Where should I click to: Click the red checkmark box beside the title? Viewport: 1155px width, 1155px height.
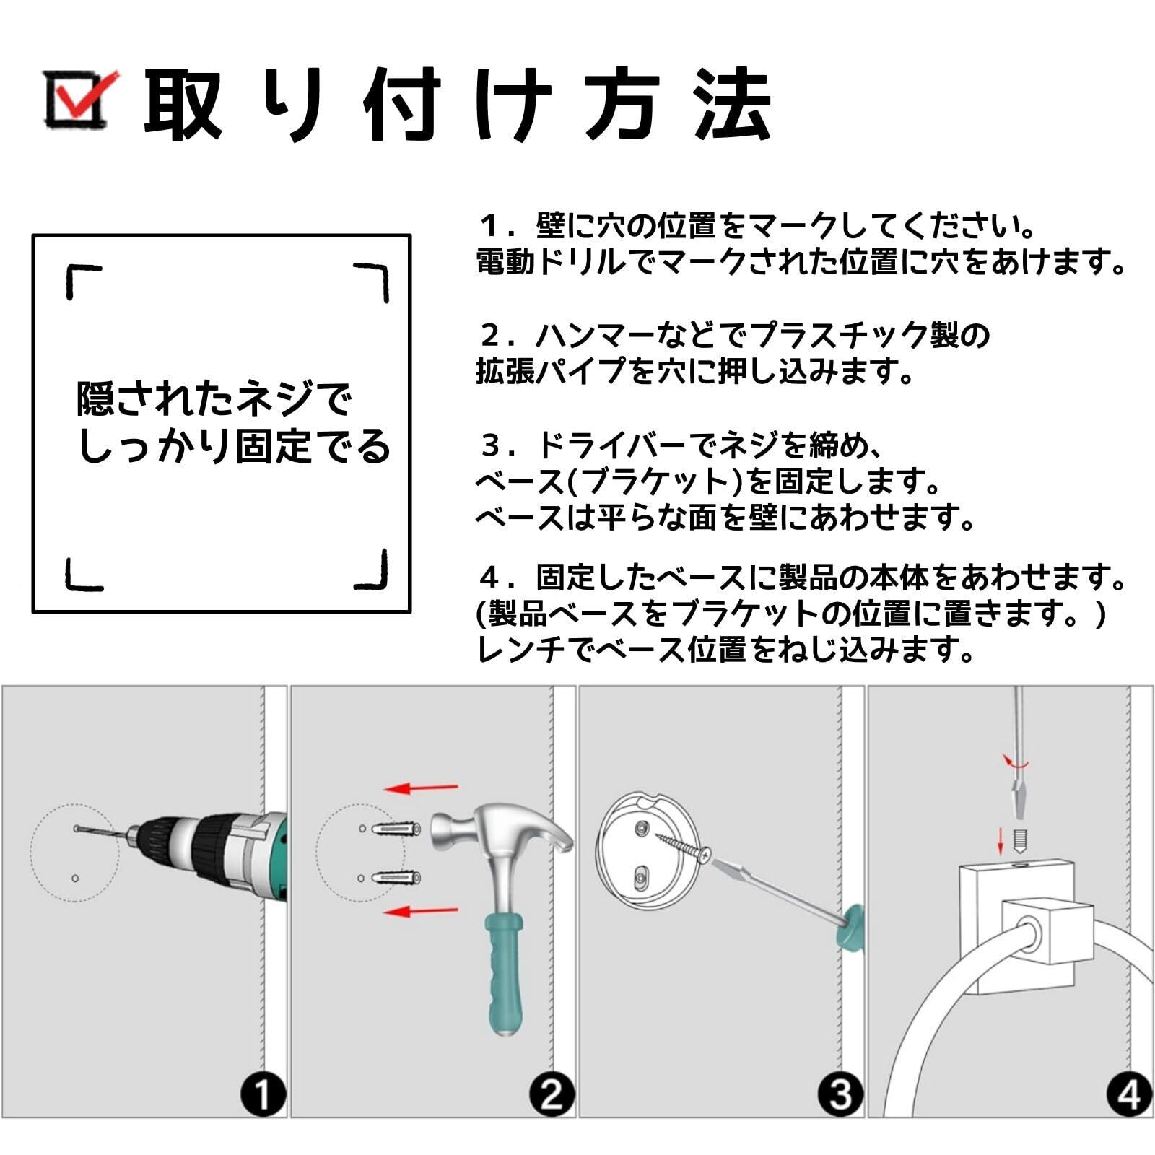[x=78, y=99]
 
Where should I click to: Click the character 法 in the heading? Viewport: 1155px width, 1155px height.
[x=732, y=104]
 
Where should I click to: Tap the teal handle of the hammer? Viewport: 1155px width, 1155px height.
[x=503, y=975]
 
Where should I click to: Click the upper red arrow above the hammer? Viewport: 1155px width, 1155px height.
[x=421, y=788]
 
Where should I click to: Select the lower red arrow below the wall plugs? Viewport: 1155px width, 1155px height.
[x=421, y=911]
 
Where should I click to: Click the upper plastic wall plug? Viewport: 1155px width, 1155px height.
[x=396, y=828]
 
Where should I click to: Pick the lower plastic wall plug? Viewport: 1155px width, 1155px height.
[x=396, y=878]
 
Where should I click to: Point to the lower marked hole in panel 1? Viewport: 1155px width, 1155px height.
[x=75, y=879]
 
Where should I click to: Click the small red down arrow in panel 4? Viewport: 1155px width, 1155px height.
[x=1001, y=840]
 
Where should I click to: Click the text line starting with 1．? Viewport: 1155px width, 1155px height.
[x=758, y=225]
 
